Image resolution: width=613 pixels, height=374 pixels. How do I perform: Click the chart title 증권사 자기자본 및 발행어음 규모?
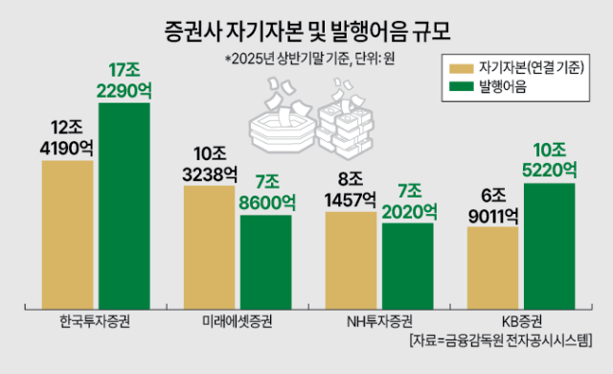[306, 28]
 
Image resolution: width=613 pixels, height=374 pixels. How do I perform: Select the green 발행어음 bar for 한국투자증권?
[124, 205]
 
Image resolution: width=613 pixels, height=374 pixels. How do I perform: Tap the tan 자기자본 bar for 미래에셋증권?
[209, 246]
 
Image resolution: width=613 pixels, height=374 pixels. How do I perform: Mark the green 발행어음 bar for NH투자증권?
[407, 265]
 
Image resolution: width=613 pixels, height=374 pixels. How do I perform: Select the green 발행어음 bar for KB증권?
[549, 245]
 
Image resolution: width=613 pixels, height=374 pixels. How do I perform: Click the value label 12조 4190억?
[67, 138]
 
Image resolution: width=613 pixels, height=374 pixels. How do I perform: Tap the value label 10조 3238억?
[209, 164]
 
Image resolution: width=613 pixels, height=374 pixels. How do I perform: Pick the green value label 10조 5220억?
[549, 160]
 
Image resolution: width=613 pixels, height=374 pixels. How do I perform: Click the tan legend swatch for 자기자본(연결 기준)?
[463, 68]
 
